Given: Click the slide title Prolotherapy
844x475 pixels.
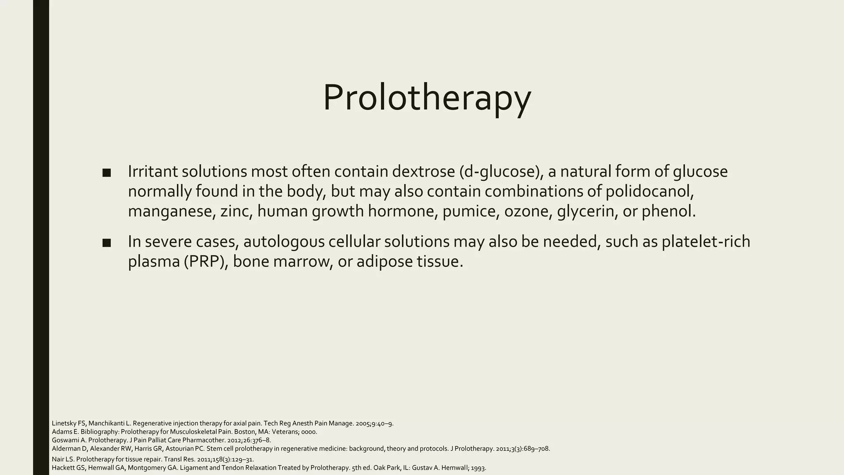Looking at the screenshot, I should [x=427, y=97].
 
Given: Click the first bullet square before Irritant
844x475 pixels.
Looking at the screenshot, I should [x=106, y=173].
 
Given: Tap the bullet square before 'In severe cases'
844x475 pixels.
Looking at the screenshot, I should [x=106, y=243].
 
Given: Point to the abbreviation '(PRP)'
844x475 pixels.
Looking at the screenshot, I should [x=206, y=261].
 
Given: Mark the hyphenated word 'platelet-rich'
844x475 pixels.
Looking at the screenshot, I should [x=706, y=242].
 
